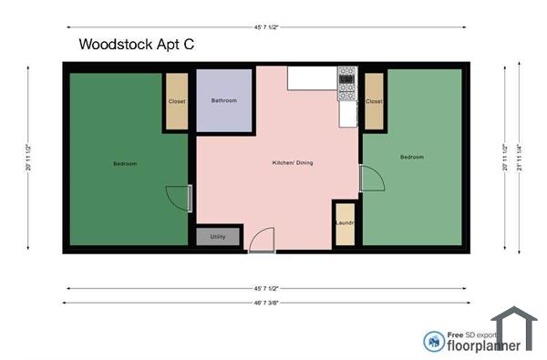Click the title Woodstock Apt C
pos(136,44)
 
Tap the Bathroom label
pos(223,100)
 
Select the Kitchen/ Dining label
pos(293,164)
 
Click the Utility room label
pos(218,236)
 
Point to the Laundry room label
pos(345,222)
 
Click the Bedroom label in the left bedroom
pos(125,164)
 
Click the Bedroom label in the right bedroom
pos(412,157)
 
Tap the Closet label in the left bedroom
pos(177,101)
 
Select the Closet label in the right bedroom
pos(374,102)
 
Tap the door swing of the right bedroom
pos(371,179)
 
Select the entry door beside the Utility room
pos(260,240)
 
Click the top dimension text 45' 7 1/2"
pos(267,26)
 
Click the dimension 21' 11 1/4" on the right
pos(519,155)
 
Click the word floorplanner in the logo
pos(484,345)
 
